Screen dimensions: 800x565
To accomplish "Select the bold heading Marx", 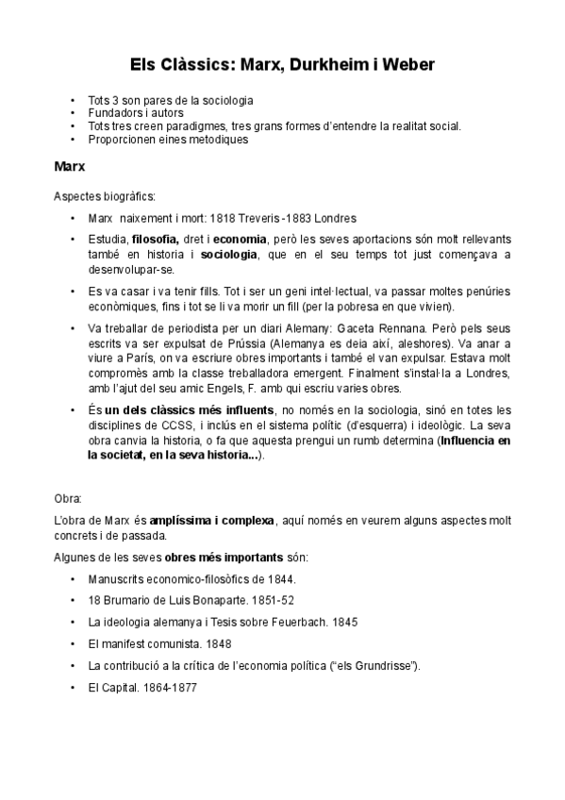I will click(x=71, y=168).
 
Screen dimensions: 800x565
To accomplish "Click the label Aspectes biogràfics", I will click(x=105, y=196).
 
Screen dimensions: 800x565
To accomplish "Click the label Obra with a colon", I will click(x=68, y=496).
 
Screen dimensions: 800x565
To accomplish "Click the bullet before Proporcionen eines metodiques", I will click(x=74, y=139).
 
